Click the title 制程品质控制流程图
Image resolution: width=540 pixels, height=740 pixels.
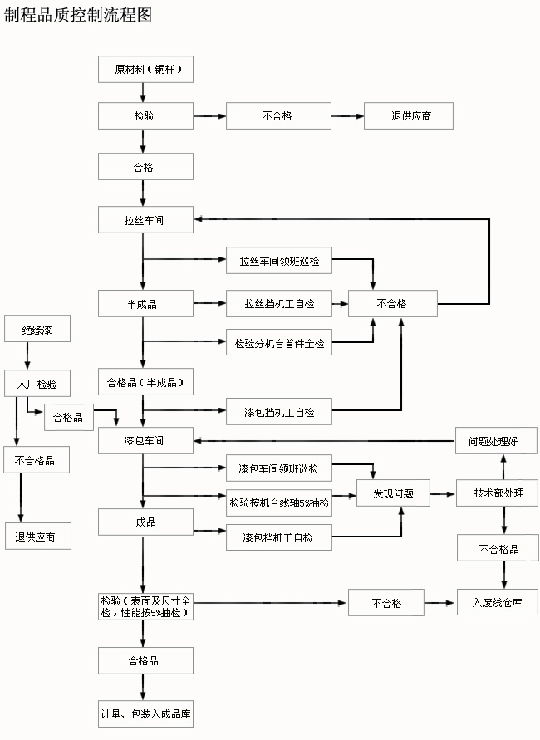click(79, 16)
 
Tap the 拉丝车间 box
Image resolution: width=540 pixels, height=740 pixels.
click(145, 221)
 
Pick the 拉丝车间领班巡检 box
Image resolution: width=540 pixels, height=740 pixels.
click(278, 261)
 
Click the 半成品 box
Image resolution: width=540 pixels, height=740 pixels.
click(145, 304)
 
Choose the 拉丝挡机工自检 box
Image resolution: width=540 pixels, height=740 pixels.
click(278, 304)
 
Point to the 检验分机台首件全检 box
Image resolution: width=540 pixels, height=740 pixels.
click(278, 342)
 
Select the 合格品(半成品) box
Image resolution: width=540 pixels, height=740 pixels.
click(145, 383)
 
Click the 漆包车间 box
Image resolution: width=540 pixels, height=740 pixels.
click(145, 440)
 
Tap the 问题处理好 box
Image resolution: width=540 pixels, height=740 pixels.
click(497, 440)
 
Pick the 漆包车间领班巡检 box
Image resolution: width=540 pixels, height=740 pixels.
click(278, 468)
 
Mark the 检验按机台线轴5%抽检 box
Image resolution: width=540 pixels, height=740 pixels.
click(278, 502)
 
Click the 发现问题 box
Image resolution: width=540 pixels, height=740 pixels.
click(396, 493)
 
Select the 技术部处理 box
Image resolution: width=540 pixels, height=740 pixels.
click(498, 493)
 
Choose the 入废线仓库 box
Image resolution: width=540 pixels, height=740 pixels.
click(497, 603)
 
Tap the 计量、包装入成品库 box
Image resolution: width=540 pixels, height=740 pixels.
click(145, 713)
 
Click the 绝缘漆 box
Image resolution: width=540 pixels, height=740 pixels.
click(37, 329)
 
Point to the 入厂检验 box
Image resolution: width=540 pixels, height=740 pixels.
click(37, 383)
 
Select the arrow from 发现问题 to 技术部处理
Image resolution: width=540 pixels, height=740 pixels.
click(445, 493)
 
